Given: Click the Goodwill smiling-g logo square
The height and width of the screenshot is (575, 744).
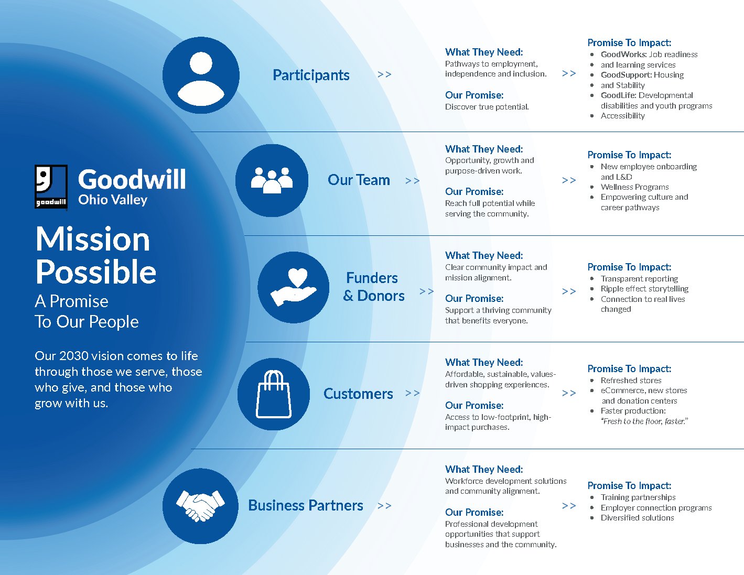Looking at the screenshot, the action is pyautogui.click(x=51, y=187).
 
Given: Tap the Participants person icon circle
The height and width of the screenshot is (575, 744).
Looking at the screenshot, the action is pyautogui.click(x=201, y=75).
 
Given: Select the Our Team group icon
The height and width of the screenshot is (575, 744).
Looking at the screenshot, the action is pyautogui.click(x=272, y=180).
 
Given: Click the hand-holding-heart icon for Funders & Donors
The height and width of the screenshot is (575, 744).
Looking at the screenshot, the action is pyautogui.click(x=294, y=287).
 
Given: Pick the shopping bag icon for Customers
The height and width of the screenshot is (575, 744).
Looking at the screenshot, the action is pyautogui.click(x=274, y=394).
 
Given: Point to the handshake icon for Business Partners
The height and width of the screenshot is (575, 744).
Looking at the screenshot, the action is pyautogui.click(x=201, y=506).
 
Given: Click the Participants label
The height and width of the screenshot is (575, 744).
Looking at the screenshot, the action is pyautogui.click(x=311, y=75).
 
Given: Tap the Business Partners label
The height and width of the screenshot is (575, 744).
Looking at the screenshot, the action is pyautogui.click(x=305, y=505).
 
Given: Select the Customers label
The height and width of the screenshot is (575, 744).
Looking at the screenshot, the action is pyautogui.click(x=358, y=394).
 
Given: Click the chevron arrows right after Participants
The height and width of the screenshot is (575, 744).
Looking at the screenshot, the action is pyautogui.click(x=384, y=74).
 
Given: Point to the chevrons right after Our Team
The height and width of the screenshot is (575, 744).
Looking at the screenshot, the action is pyautogui.click(x=412, y=181).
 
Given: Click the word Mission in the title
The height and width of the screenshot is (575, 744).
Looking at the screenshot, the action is pyautogui.click(x=93, y=239).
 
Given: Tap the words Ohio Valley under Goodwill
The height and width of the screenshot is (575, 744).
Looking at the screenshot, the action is pyautogui.click(x=113, y=200).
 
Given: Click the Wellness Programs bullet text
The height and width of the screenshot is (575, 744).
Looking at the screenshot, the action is pyautogui.click(x=634, y=187).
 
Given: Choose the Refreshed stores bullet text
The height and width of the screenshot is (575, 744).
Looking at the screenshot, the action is pyautogui.click(x=631, y=380).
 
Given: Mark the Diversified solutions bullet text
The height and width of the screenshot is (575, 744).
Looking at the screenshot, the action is pyautogui.click(x=637, y=518).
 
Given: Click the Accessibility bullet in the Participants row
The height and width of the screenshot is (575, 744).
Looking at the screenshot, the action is pyautogui.click(x=622, y=116).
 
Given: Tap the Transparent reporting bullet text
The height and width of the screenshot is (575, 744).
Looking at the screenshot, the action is pyautogui.click(x=639, y=279).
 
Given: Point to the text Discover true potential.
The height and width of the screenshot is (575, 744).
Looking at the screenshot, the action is pyautogui.click(x=487, y=107).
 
